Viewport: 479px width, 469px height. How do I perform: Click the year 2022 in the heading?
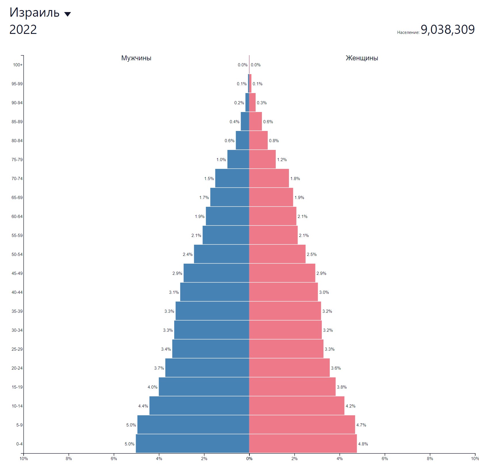point(23,30)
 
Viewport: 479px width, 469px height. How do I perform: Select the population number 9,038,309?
point(447,30)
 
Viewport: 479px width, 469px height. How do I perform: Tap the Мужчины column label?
point(136,58)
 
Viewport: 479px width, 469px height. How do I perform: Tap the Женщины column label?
point(362,58)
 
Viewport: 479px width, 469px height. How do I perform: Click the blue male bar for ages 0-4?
point(192,443)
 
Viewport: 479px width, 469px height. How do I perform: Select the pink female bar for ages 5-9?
point(302,424)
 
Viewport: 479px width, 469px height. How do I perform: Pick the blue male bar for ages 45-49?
point(216,273)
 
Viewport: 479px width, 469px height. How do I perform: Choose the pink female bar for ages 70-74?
point(269,178)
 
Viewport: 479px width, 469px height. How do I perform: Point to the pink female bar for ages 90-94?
point(252,103)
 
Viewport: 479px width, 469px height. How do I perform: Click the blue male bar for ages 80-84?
point(242,140)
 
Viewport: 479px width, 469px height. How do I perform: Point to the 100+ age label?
point(18,65)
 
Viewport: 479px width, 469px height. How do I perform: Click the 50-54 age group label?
point(17,254)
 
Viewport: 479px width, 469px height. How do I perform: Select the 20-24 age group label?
point(17,368)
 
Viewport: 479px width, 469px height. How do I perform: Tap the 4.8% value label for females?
point(363,444)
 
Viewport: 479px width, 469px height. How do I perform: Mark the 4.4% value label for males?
point(143,406)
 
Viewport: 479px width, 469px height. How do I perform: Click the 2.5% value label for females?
point(312,254)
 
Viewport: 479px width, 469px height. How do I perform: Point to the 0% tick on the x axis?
point(249,459)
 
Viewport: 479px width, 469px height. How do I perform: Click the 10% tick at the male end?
point(24,459)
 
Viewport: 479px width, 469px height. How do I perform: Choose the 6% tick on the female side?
point(385,459)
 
